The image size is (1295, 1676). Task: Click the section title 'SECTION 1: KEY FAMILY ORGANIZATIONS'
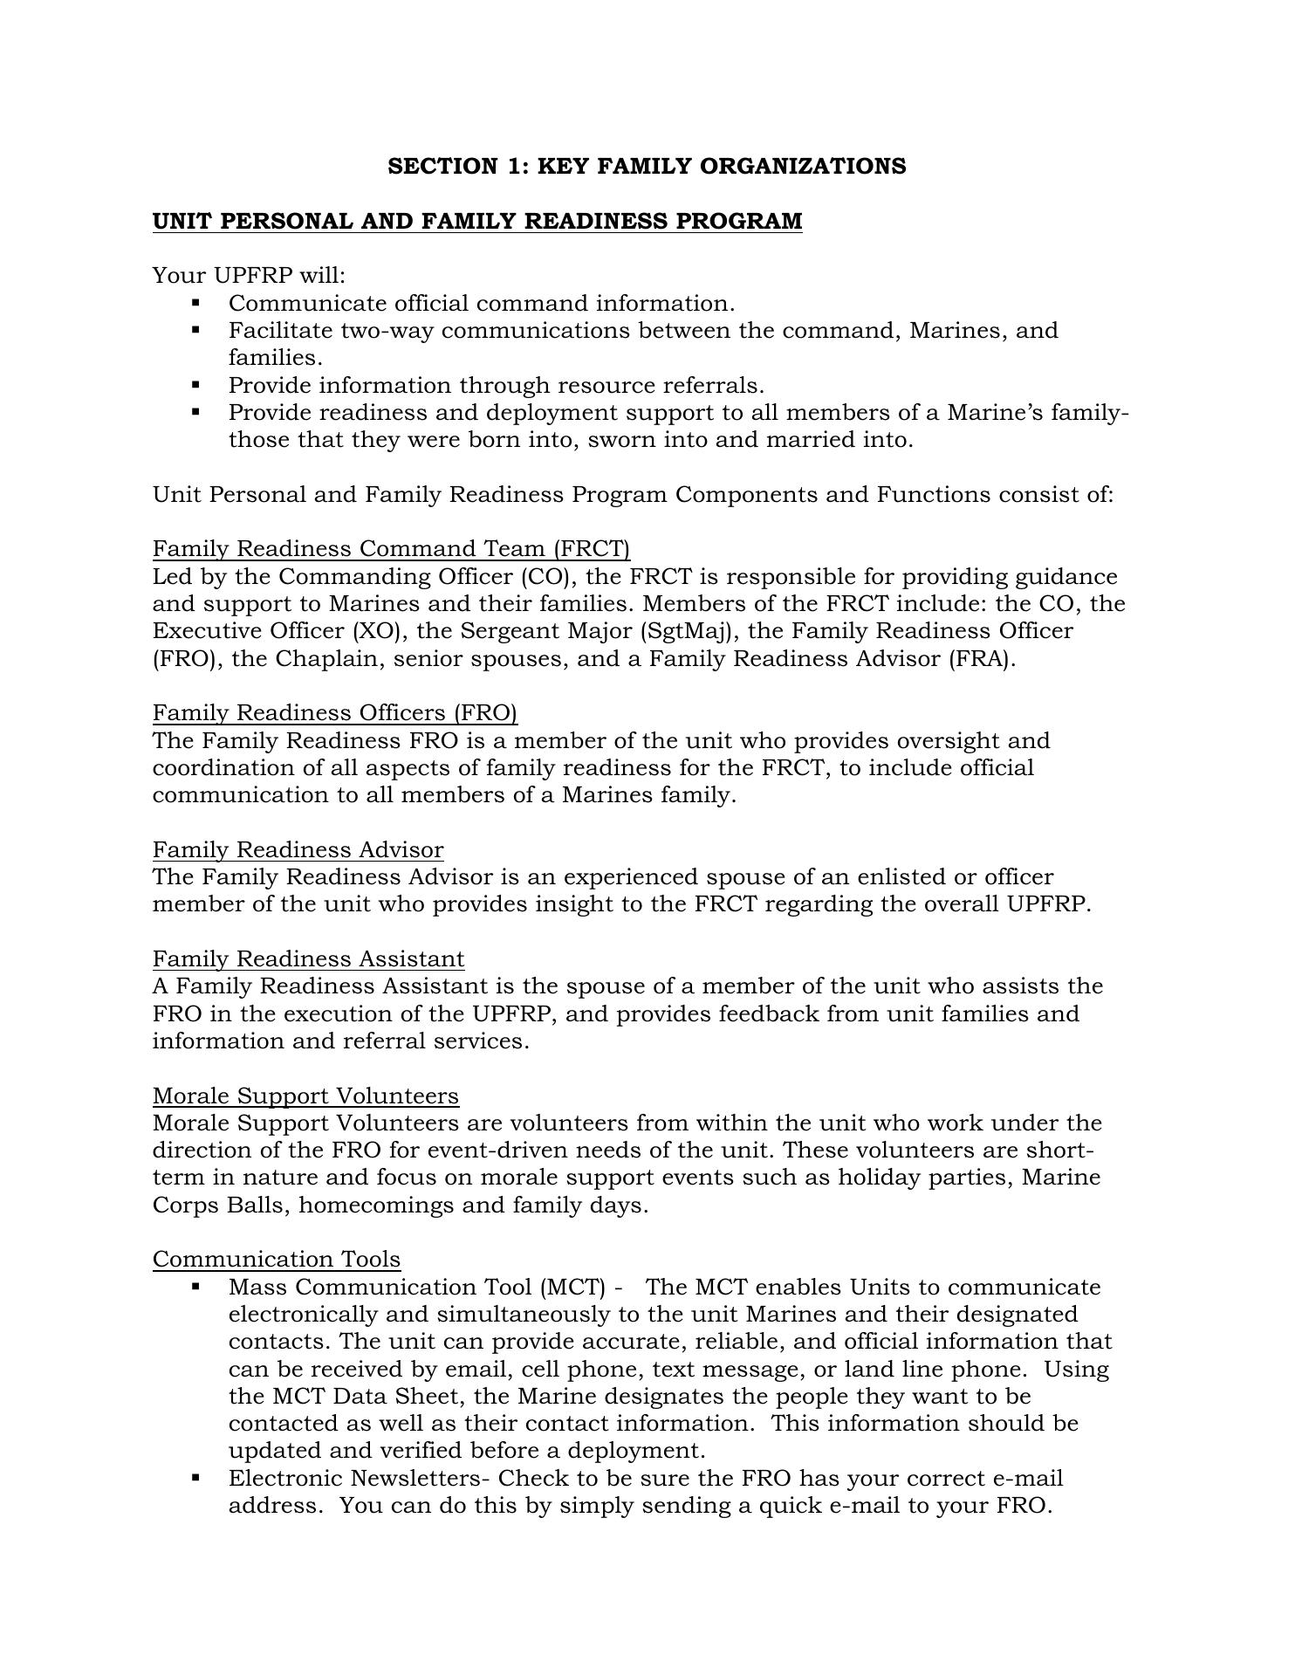click(x=647, y=166)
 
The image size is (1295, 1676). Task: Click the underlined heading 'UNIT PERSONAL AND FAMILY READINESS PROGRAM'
click(x=477, y=221)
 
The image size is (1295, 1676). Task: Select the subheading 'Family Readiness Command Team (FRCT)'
click(x=391, y=549)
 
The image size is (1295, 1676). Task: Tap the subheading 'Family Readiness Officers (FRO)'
click(x=335, y=713)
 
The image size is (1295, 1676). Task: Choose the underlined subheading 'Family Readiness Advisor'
click(x=298, y=849)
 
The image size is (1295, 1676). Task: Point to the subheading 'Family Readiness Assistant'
click(x=308, y=958)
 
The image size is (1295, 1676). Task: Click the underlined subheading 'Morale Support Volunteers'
click(x=305, y=1096)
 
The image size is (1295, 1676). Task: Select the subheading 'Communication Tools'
click(x=277, y=1259)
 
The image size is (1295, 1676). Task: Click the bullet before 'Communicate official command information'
click(x=195, y=303)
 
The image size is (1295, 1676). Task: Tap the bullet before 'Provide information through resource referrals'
click(x=195, y=385)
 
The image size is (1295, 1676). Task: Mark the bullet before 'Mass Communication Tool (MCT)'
click(x=195, y=1287)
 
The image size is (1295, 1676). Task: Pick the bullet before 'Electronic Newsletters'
click(x=195, y=1478)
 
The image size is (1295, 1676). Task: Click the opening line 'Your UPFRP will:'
click(x=249, y=276)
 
